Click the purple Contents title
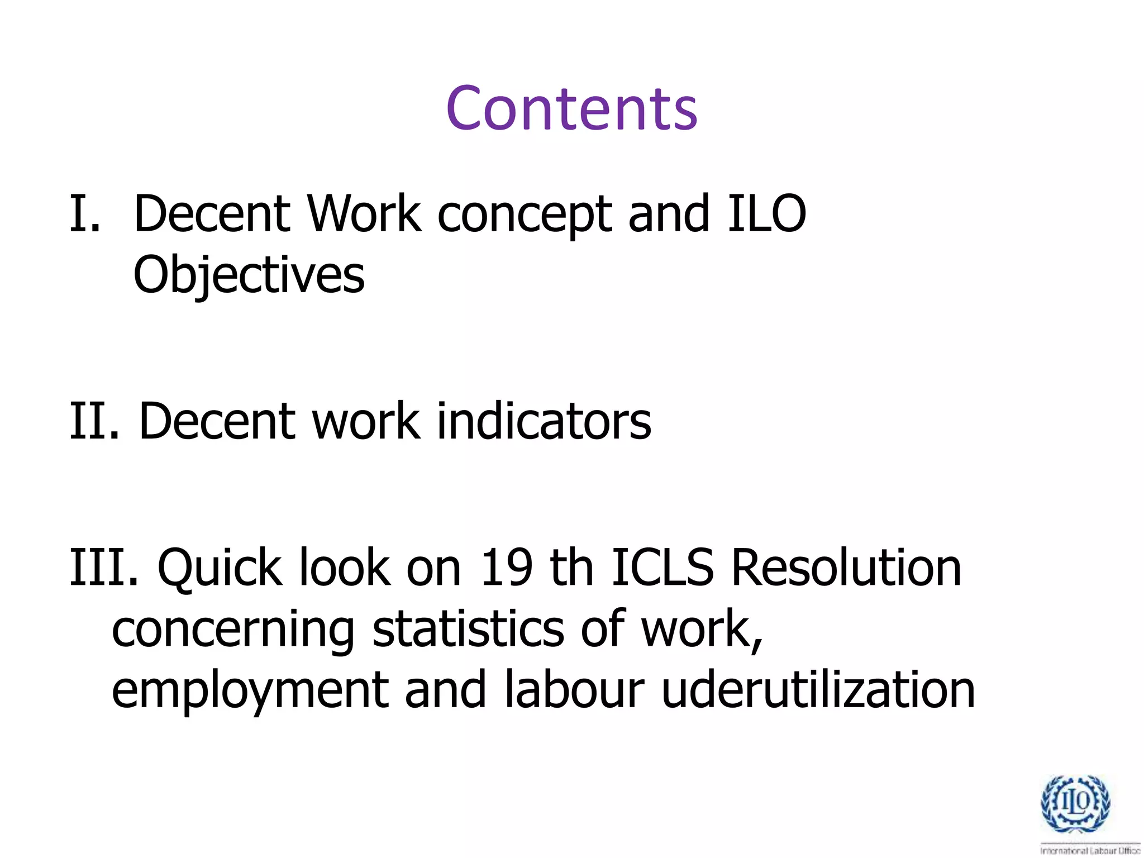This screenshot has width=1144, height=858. (x=571, y=108)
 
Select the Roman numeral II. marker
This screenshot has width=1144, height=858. (x=94, y=421)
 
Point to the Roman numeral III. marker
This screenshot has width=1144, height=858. (x=104, y=568)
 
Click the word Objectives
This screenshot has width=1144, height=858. (x=249, y=275)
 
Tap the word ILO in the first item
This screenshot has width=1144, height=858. (x=766, y=214)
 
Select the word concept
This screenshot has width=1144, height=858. (x=525, y=216)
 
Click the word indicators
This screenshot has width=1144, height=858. (x=544, y=421)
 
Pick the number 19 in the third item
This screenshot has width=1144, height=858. (x=506, y=568)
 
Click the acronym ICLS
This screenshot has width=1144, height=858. (x=662, y=568)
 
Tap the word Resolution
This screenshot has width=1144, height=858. (x=846, y=568)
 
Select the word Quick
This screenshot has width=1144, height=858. (x=220, y=569)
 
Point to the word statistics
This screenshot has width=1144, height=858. (x=468, y=630)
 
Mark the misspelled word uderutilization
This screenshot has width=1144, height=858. (x=818, y=690)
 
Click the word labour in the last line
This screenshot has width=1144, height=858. (x=574, y=690)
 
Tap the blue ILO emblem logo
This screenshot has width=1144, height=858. (x=1075, y=804)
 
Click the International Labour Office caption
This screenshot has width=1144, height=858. (x=1090, y=851)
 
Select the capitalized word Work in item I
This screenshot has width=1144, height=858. (x=364, y=214)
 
